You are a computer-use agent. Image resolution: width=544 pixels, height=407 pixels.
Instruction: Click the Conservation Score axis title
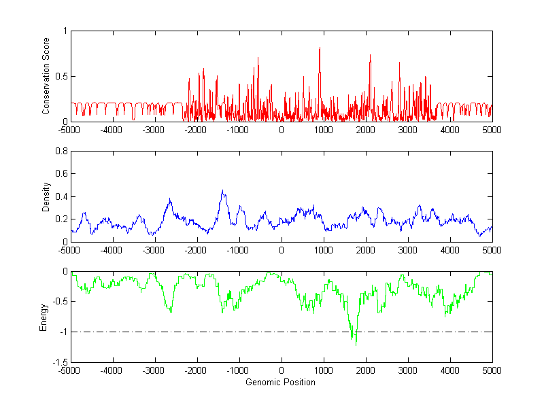[x=46, y=76]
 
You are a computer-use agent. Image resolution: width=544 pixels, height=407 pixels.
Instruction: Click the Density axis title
[x=46, y=196]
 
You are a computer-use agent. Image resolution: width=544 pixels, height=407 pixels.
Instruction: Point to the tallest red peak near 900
[x=320, y=48]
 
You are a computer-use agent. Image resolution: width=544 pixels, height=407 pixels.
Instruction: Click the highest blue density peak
[x=222, y=191]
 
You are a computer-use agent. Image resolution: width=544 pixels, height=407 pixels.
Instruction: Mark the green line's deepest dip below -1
[x=356, y=344]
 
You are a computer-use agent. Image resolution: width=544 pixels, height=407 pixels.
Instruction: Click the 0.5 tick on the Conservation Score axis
[x=61, y=76]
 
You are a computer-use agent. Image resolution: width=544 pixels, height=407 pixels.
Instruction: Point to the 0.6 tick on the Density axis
[x=61, y=174]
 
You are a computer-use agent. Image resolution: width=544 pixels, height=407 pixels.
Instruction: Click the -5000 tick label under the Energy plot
[x=69, y=371]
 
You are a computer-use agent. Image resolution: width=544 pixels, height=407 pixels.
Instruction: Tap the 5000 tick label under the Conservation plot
[x=492, y=130]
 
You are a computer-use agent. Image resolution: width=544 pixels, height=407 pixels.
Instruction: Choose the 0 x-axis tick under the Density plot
[x=282, y=250]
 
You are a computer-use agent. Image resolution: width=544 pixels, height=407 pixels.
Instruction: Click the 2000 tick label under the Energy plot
[x=366, y=371]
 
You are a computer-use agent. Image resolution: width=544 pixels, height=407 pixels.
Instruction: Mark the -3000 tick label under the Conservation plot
[x=154, y=130]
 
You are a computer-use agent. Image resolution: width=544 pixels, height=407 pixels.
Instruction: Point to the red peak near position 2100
[x=370, y=55]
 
